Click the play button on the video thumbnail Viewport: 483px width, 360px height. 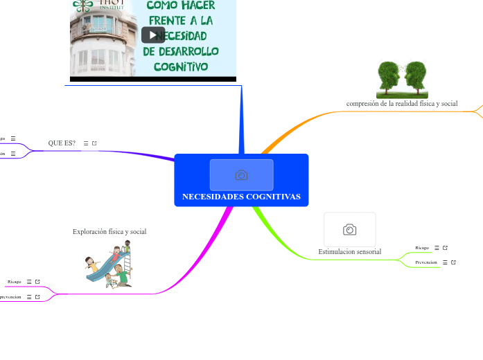pos(153,35)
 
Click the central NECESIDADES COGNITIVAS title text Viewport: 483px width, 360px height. pos(241,197)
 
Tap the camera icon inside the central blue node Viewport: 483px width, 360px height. pos(241,175)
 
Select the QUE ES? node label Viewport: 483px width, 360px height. pos(62,143)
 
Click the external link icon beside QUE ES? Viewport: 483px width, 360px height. pos(94,143)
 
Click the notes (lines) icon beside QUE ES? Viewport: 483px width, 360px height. pos(86,143)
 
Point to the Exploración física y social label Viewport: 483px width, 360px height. pos(109,231)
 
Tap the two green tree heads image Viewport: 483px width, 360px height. pos(402,80)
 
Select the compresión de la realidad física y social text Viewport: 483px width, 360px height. pos(402,103)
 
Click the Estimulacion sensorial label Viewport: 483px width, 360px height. pos(350,251)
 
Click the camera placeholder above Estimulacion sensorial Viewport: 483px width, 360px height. pos(350,229)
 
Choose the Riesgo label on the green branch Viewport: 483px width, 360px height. pos(422,247)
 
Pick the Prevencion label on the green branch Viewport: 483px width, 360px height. pos(426,262)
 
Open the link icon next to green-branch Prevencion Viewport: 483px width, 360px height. pos(453,262)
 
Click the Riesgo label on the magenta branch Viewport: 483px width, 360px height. pos(15,282)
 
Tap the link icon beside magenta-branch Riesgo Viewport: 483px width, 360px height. pos(37,282)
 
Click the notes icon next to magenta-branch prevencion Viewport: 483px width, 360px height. pos(29,297)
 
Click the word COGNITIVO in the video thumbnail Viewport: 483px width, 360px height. pos(181,66)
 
